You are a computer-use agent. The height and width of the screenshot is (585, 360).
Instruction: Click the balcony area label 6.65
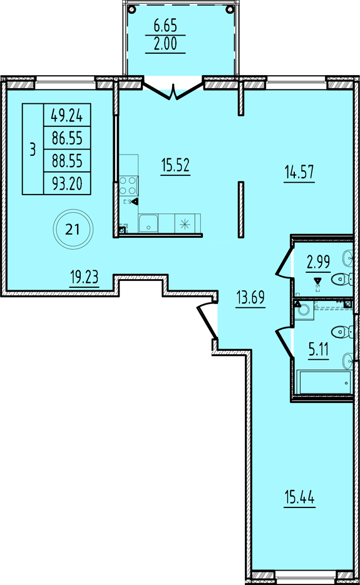click(165, 26)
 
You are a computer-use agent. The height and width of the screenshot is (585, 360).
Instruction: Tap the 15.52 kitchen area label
click(175, 165)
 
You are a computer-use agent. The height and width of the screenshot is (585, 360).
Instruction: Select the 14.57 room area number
click(299, 173)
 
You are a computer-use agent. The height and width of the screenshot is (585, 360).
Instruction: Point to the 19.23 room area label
click(84, 277)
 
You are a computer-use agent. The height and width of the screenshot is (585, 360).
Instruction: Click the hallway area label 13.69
click(250, 297)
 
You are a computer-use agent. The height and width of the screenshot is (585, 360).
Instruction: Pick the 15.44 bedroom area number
click(299, 497)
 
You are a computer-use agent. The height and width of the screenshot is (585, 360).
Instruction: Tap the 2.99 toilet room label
click(318, 262)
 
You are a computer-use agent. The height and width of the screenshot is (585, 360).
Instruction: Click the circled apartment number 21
click(73, 229)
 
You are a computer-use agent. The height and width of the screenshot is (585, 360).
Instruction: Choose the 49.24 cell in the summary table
click(67, 116)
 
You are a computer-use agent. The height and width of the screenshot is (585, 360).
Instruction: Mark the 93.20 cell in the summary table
click(67, 183)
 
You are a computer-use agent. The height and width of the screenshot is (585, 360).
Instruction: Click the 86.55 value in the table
click(67, 138)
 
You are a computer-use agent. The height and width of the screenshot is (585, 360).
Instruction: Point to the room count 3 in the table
click(33, 150)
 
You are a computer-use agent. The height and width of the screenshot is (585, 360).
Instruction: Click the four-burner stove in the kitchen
click(129, 185)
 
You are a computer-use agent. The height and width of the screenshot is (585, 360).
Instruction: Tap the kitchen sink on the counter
click(148, 223)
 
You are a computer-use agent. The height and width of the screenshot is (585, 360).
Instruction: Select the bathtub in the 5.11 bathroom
click(325, 382)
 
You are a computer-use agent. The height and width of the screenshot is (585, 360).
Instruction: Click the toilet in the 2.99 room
click(343, 278)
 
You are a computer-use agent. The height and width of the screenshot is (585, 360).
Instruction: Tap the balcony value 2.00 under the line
click(165, 44)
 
